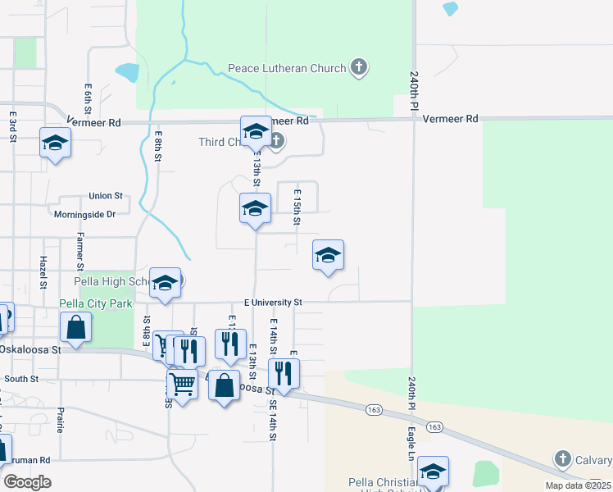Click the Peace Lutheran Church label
pos(287,69)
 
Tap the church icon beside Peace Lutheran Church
pos(358,67)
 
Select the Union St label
pos(106,197)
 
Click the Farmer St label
pos(80,251)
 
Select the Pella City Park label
pos(96,303)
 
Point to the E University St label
pos(273,303)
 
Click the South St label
pos(21,379)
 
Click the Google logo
pos(27,482)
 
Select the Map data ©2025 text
pos(577,485)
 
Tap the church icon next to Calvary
pos(562,459)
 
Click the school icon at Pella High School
pos(165,284)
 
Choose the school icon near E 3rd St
pos(55,143)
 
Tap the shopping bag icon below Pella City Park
pos(75,327)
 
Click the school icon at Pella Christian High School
pos(433,471)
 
